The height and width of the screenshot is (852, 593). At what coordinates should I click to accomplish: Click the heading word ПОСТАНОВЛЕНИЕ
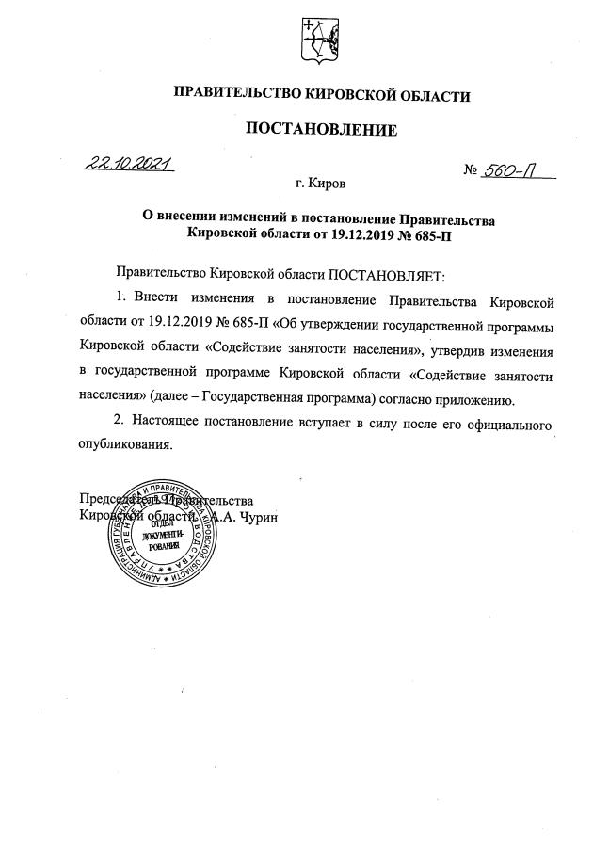321,128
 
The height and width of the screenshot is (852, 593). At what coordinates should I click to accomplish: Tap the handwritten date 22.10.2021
130,166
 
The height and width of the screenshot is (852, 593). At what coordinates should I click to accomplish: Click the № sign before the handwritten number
471,170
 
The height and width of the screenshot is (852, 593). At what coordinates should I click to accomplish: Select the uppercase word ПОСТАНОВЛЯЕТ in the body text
383,275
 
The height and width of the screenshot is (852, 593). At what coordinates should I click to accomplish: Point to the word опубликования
126,445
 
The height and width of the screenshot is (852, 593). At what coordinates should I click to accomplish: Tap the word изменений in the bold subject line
248,217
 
